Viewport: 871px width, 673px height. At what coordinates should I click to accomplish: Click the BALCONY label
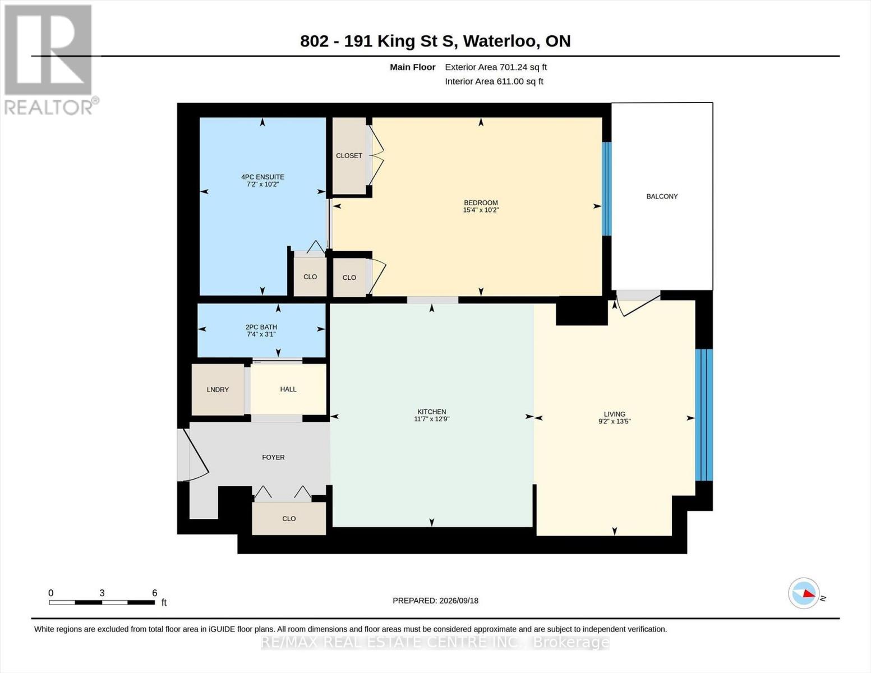click(x=662, y=196)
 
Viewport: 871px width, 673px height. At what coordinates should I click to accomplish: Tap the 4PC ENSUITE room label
click(x=262, y=177)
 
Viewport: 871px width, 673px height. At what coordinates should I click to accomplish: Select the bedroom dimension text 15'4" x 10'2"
click(x=481, y=210)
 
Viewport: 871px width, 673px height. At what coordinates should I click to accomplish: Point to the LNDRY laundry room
click(x=218, y=389)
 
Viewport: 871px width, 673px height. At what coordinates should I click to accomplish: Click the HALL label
click(x=288, y=389)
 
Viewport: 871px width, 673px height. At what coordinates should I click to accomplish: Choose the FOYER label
click(x=273, y=457)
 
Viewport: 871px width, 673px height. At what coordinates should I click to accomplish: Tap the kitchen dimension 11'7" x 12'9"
click(x=432, y=419)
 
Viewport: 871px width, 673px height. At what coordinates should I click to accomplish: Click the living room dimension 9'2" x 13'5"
click(x=615, y=421)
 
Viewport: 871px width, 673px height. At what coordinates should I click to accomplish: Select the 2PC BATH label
click(x=261, y=326)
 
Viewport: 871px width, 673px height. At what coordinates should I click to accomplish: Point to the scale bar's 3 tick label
click(x=102, y=593)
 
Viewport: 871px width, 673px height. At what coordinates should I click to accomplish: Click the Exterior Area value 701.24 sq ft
click(x=522, y=67)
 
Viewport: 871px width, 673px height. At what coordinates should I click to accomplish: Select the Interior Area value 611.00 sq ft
click(x=520, y=81)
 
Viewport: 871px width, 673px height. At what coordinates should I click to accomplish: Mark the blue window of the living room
click(x=704, y=415)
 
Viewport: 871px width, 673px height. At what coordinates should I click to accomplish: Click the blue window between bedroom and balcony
click(x=607, y=189)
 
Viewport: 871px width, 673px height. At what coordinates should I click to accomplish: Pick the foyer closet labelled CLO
click(x=289, y=519)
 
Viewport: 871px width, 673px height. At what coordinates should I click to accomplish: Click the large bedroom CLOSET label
click(x=349, y=155)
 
